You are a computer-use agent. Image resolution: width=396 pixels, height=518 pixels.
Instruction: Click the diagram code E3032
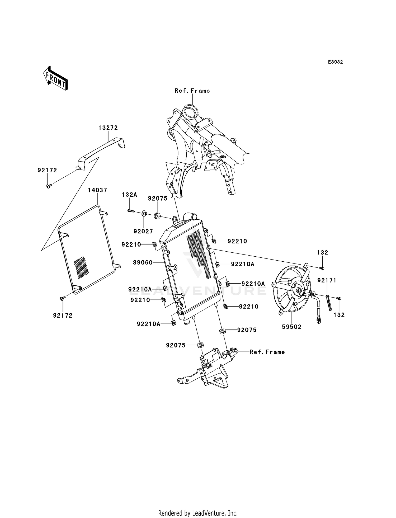click(335, 62)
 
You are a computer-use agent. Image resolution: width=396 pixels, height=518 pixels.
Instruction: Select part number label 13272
click(108, 128)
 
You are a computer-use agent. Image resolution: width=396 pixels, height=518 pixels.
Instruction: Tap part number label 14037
click(97, 190)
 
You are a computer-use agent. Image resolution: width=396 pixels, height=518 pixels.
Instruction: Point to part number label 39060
click(143, 262)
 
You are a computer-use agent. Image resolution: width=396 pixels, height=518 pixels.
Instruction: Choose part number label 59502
click(292, 327)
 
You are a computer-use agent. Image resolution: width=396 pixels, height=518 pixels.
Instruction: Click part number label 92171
click(327, 280)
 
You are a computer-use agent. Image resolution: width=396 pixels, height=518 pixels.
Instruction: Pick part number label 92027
click(143, 232)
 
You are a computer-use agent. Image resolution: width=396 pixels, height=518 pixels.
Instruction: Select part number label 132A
click(129, 195)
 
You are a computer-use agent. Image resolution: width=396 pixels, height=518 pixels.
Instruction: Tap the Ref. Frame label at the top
click(192, 91)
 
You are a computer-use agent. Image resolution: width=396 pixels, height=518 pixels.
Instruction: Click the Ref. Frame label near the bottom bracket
click(267, 352)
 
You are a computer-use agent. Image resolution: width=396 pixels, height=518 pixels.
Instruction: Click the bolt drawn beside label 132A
click(131, 211)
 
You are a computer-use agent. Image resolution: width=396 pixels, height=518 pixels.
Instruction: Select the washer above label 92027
click(144, 213)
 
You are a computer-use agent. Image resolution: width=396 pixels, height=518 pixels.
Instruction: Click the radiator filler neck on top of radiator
click(191, 216)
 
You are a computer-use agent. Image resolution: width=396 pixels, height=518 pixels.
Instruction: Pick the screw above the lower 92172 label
click(63, 298)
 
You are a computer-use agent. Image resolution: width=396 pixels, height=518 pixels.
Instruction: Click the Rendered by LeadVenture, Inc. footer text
click(198, 513)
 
